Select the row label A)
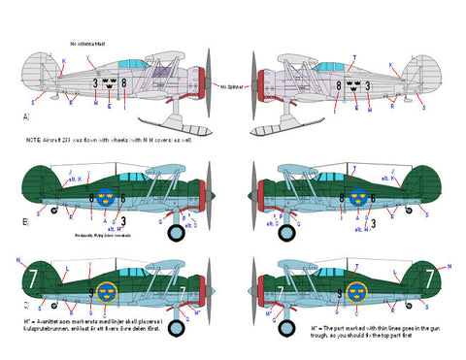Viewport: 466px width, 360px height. click(11, 115)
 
